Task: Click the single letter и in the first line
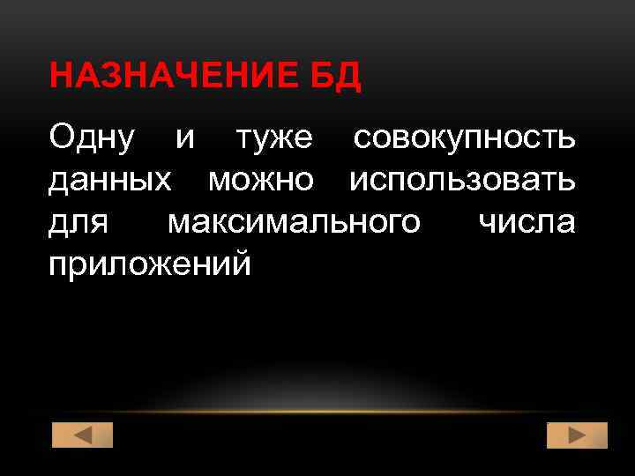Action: (185, 140)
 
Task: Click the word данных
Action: (110, 181)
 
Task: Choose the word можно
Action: (260, 181)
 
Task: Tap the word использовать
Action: (463, 181)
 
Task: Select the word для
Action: (78, 223)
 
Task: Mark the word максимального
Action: (294, 223)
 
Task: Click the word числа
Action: (527, 221)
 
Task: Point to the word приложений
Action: (149, 264)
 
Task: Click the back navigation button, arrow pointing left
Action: (83, 435)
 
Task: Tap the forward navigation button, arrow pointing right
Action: (577, 435)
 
